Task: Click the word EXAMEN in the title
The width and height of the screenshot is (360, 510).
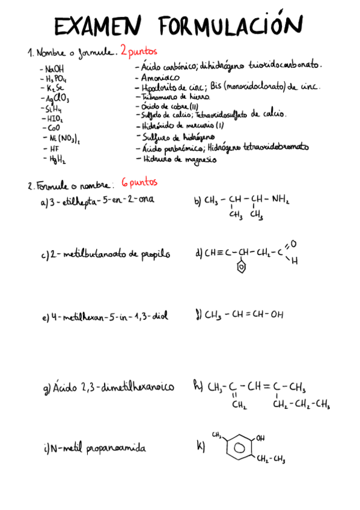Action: [x=97, y=27]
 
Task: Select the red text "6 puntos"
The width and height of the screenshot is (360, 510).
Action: [x=139, y=182]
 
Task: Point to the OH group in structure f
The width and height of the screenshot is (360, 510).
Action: [x=276, y=314]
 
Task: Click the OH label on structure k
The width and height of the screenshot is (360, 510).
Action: [x=260, y=438]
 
